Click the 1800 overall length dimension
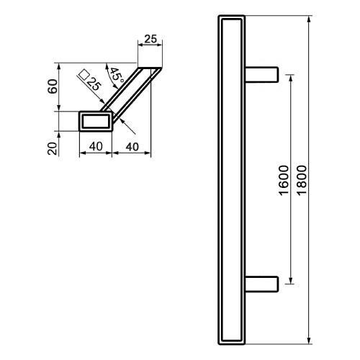[x=302, y=180]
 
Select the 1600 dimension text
[x=284, y=180]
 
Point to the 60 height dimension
[x=53, y=86]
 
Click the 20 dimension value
[x=53, y=149]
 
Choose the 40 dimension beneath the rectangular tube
[x=96, y=146]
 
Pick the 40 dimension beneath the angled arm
[x=132, y=147]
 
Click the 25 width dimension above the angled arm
[x=150, y=39]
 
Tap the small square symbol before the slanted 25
[x=84, y=74]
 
